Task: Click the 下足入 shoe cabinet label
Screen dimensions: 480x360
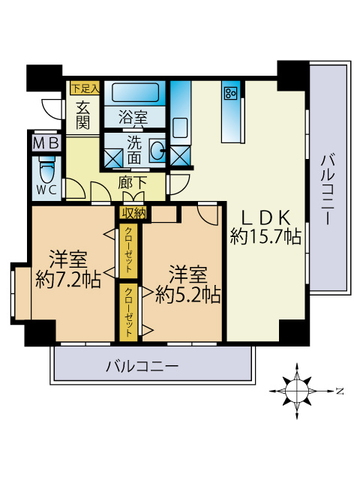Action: pos(85,88)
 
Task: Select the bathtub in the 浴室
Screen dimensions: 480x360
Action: pos(136,94)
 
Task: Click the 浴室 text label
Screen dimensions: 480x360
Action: pos(134,118)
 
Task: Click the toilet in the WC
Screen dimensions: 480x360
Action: pos(46,166)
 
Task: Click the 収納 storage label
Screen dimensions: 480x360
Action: pos(133,213)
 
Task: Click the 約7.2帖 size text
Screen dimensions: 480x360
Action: pos(68,279)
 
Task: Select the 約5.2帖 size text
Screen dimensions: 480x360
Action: pos(187,293)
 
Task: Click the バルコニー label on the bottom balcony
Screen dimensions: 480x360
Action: pos(142,367)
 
